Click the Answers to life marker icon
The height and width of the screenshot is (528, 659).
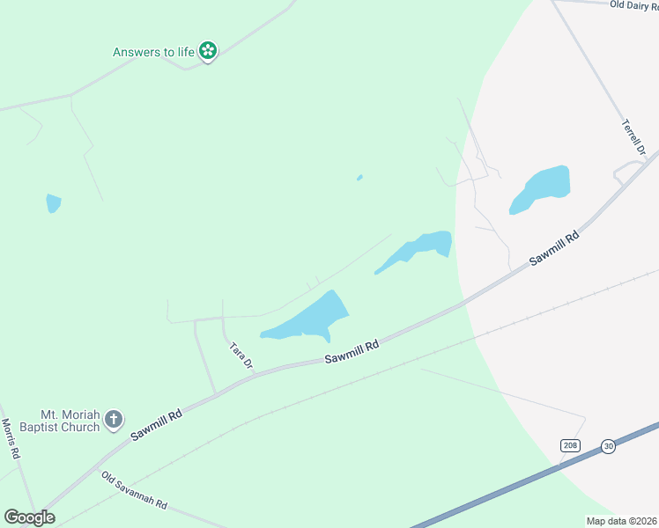(x=208, y=52)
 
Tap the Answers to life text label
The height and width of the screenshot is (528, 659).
(x=153, y=52)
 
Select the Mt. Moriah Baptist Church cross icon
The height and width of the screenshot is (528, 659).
(x=113, y=421)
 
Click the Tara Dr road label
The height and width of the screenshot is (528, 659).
(x=241, y=356)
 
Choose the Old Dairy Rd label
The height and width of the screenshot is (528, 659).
(x=633, y=5)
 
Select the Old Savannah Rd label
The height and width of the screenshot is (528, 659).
(x=134, y=491)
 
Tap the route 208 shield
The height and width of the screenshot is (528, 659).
(x=570, y=446)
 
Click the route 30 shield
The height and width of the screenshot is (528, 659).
(x=608, y=446)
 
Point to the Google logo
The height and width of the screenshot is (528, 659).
(x=30, y=517)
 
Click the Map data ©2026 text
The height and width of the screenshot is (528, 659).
(x=621, y=521)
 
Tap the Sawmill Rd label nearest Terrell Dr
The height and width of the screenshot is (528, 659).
(x=554, y=249)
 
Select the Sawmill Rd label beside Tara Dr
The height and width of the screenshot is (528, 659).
(x=351, y=352)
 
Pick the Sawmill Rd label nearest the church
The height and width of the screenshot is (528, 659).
(x=156, y=424)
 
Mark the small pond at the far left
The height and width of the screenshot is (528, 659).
(x=54, y=203)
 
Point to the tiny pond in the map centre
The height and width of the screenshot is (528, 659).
(x=359, y=178)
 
